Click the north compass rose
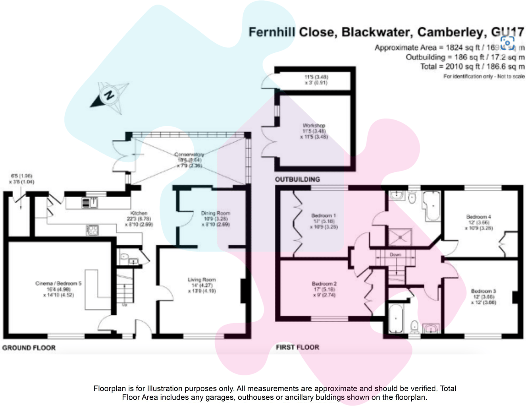tap(110, 95)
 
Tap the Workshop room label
tap(314, 126)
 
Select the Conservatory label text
tap(189, 155)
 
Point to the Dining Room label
tap(216, 214)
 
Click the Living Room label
tap(202, 280)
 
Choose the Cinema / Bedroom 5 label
tap(58, 283)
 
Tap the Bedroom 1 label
tap(324, 216)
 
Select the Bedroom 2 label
tap(324, 284)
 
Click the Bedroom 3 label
tap(484, 291)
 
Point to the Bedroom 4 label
tap(478, 217)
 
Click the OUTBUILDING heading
tap(297, 179)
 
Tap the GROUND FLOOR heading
tap(29, 348)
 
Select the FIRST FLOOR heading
tap(297, 347)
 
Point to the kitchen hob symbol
tap(93, 230)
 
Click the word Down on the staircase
tap(395, 254)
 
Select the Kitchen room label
tap(139, 213)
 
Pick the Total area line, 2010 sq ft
tap(472, 67)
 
